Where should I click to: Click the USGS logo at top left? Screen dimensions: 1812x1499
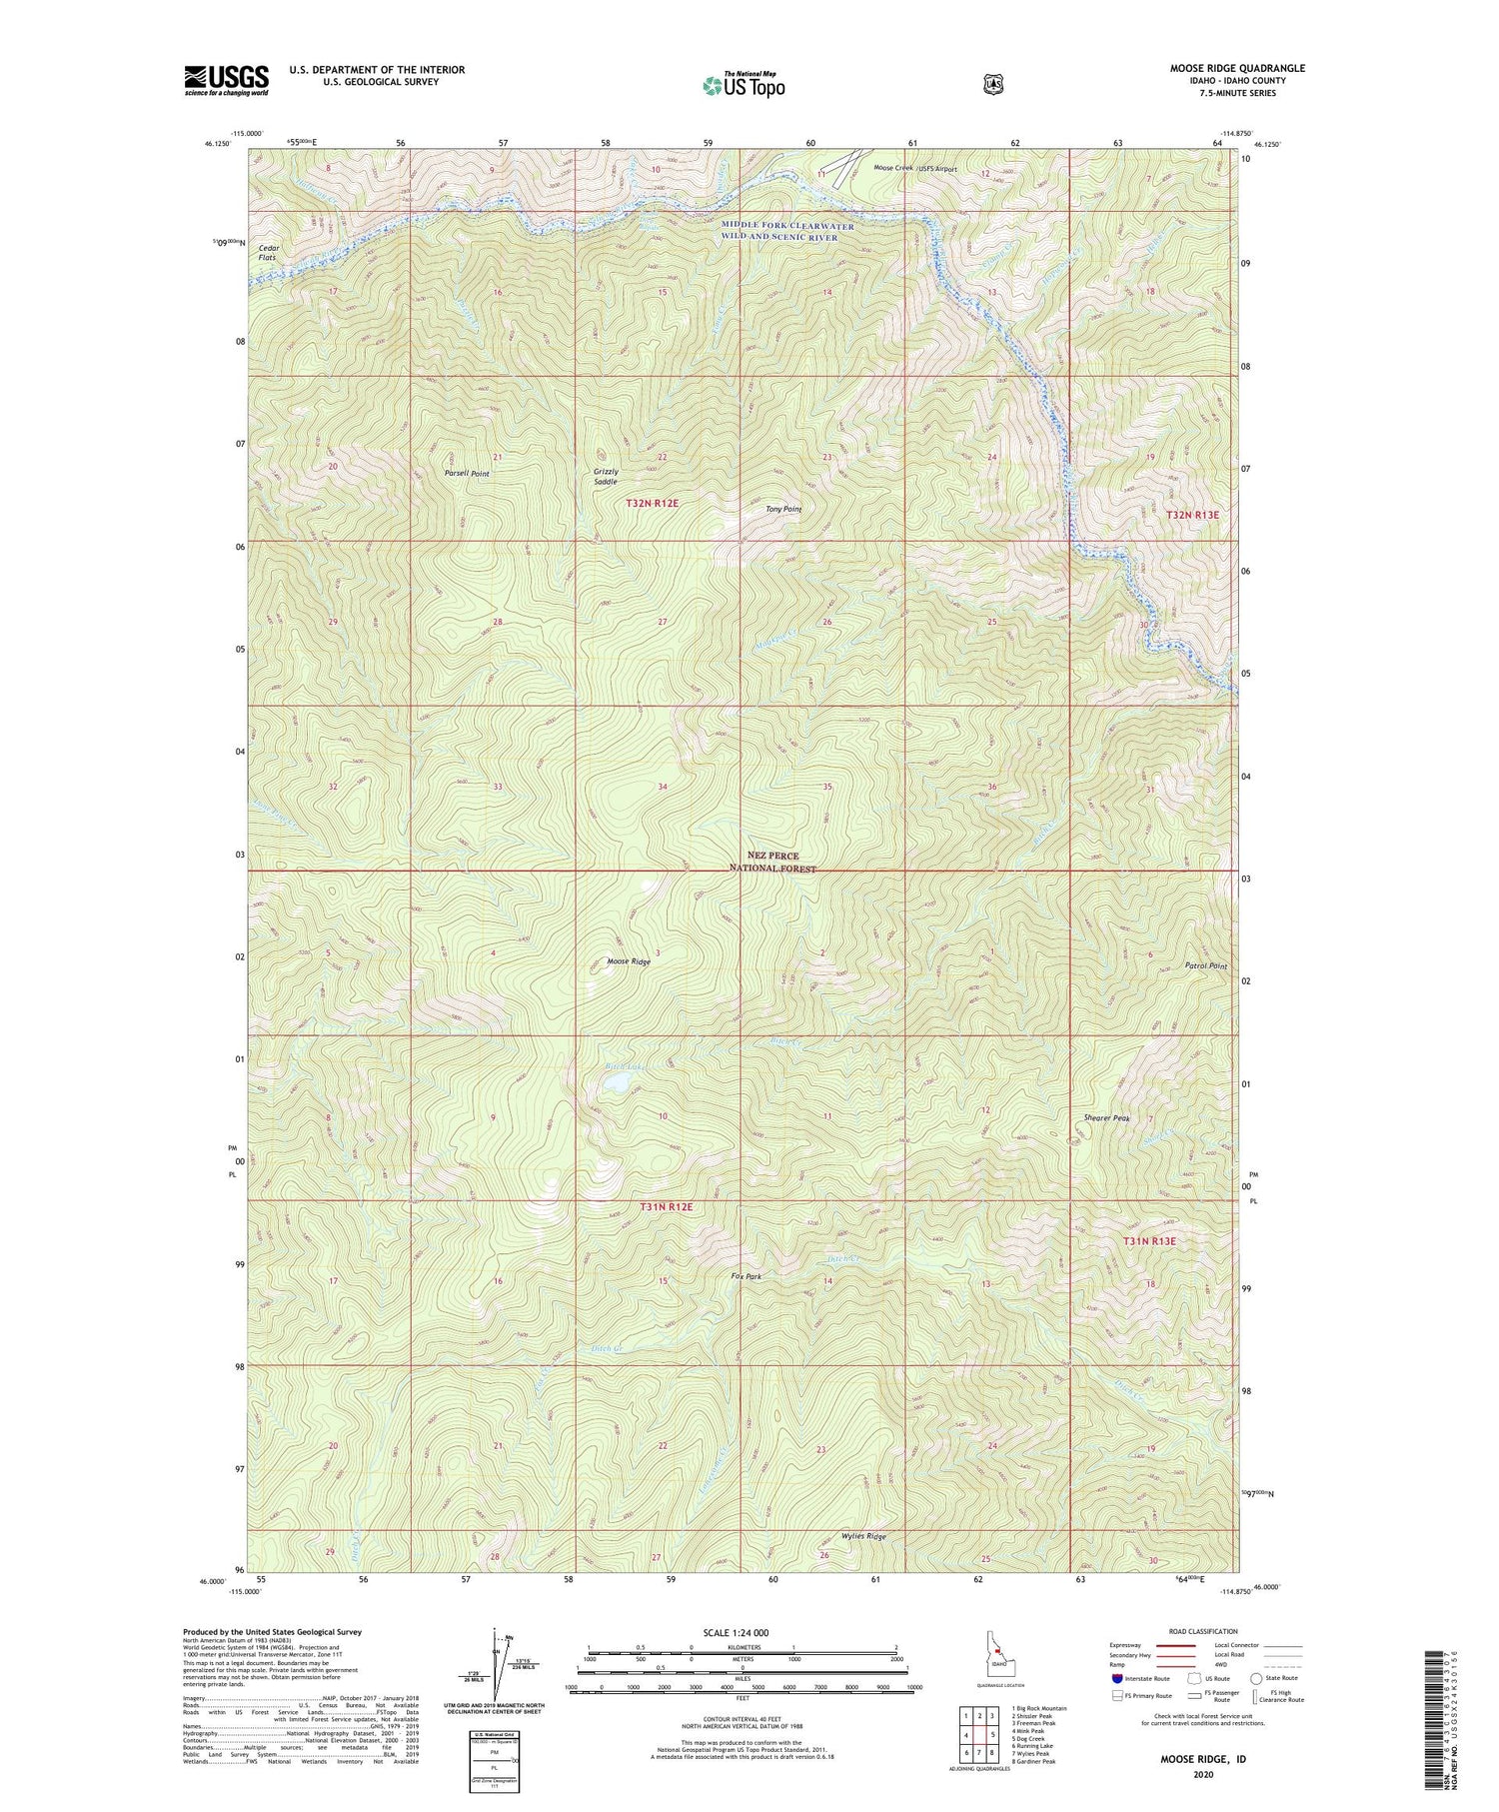(x=226, y=80)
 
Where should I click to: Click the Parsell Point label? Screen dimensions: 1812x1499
(x=467, y=474)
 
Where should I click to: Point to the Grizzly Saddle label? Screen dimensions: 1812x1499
(x=606, y=477)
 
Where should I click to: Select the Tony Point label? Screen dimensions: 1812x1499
(x=783, y=510)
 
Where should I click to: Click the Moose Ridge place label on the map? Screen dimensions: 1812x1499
(x=629, y=962)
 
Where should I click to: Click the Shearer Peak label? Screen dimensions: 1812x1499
(x=1106, y=1118)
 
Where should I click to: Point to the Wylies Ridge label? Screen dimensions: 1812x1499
(x=863, y=1536)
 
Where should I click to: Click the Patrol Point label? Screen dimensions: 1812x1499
(x=1205, y=966)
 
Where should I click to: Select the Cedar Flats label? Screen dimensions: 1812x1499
(x=268, y=253)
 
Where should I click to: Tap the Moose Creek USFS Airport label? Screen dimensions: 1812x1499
(x=915, y=169)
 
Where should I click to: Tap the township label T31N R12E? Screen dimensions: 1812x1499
(x=665, y=1207)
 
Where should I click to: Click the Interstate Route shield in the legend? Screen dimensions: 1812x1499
(x=1116, y=1678)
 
